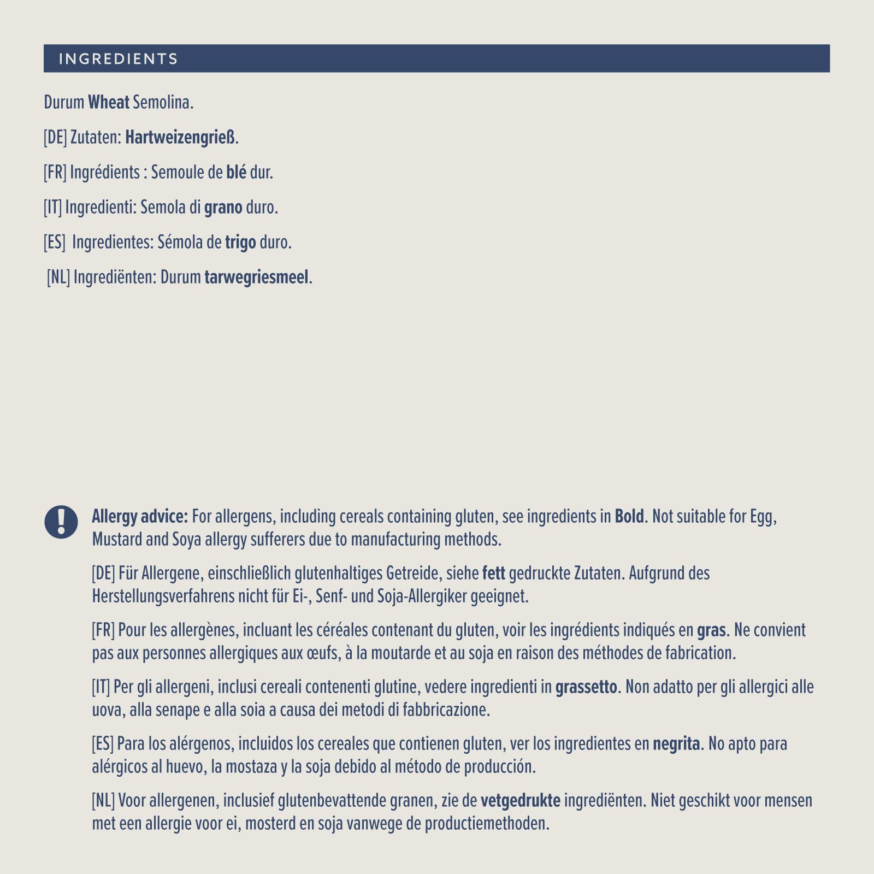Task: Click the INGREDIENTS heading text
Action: tap(118, 59)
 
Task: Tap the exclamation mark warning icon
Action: tap(61, 522)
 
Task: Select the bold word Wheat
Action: tap(109, 102)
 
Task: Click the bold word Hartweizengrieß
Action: tap(180, 137)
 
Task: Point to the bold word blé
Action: tap(236, 172)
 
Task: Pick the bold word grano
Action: tap(223, 208)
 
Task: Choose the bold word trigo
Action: tap(240, 243)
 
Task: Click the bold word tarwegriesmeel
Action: tap(257, 277)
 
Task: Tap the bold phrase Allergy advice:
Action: tap(140, 516)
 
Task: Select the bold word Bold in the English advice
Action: tap(629, 516)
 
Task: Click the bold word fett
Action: tap(494, 573)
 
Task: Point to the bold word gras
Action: tap(711, 630)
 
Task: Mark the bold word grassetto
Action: tap(586, 687)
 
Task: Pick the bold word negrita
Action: tap(676, 744)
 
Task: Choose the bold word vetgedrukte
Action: tap(521, 801)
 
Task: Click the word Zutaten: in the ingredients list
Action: tap(96, 137)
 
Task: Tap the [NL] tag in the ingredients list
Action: tap(58, 277)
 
